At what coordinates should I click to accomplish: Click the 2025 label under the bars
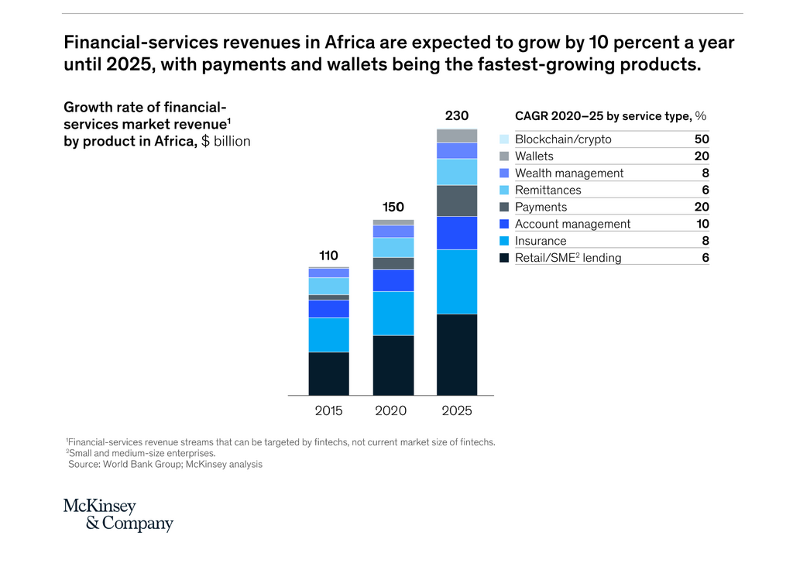[x=456, y=410]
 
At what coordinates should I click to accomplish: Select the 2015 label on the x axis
[x=328, y=410]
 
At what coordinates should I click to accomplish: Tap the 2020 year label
[x=392, y=410]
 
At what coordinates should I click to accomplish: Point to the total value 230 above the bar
[x=456, y=116]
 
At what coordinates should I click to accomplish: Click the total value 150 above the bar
[x=393, y=207]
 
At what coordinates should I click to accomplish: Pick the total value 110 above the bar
[x=328, y=255]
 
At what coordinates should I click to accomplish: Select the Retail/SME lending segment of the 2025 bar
[x=456, y=354]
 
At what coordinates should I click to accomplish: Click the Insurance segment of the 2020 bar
[x=393, y=313]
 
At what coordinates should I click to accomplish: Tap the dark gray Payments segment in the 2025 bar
[x=456, y=201]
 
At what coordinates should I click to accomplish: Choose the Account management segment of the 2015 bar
[x=328, y=308]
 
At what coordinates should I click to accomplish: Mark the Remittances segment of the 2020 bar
[x=393, y=247]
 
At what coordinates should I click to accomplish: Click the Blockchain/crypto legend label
[x=563, y=139]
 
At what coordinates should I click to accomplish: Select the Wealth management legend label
[x=569, y=173]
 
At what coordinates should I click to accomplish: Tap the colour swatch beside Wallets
[x=504, y=156]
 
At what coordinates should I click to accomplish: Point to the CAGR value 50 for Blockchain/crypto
[x=702, y=139]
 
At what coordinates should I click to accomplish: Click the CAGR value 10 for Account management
[x=702, y=224]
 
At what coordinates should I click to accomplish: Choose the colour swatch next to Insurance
[x=504, y=241]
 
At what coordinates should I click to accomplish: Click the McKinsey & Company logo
[x=118, y=515]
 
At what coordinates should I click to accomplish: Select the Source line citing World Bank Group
[x=165, y=465]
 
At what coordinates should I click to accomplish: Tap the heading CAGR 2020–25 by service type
[x=603, y=115]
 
